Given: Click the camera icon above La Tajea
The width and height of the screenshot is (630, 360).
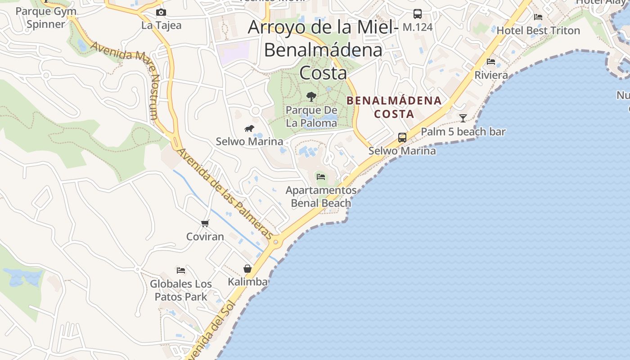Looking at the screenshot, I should (x=161, y=12).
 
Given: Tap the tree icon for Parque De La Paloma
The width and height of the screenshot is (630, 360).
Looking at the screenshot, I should (x=311, y=96).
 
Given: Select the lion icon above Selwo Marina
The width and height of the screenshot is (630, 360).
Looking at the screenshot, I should (x=249, y=129).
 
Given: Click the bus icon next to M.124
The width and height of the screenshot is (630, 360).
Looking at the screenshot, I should (x=418, y=14).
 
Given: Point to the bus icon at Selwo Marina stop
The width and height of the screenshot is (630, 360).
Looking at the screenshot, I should (x=402, y=138).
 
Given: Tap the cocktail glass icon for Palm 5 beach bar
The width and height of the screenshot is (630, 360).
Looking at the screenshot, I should (x=463, y=118).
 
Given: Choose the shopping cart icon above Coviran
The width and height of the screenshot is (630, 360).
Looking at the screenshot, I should (x=205, y=223).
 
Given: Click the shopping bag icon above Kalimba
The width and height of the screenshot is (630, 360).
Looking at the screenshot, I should (x=247, y=269).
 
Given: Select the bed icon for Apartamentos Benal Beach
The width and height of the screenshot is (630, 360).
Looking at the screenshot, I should (x=321, y=177).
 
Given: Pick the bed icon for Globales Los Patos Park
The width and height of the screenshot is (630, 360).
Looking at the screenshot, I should (x=181, y=270).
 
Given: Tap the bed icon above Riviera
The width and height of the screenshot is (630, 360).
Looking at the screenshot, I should (x=491, y=62).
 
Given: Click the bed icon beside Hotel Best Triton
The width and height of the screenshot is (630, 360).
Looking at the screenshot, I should (x=538, y=17).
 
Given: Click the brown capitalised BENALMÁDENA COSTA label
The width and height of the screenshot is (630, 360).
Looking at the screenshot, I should (x=394, y=107).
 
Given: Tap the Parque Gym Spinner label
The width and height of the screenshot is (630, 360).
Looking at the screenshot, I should (x=46, y=18).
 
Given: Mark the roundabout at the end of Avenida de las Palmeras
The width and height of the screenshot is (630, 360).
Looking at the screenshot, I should (x=275, y=242).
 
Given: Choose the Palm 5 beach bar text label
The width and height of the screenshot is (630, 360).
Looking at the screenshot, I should (x=463, y=132).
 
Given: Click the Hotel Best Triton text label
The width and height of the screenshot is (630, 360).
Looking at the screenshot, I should (x=538, y=31).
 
